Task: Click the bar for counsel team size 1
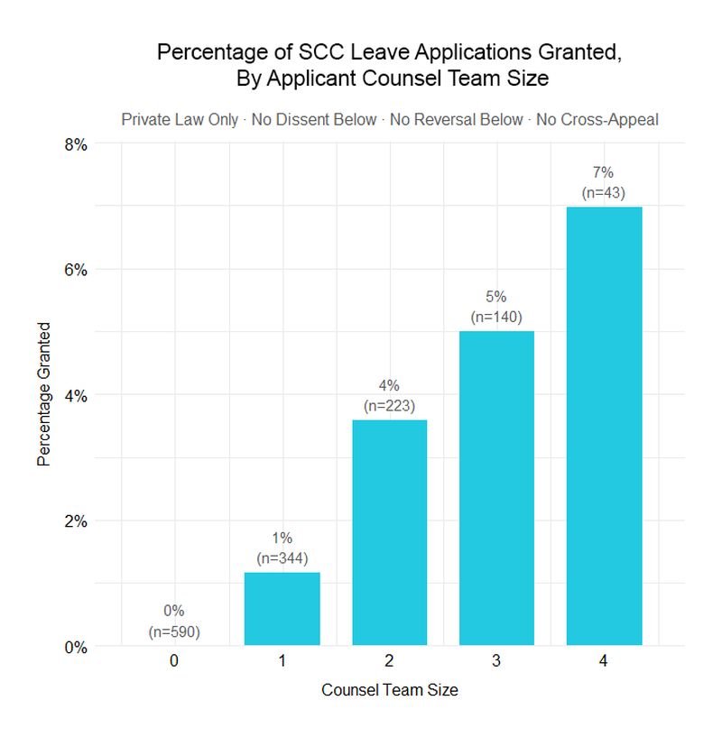pos(282,609)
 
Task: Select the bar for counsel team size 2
pos(389,532)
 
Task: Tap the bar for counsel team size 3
pos(496,488)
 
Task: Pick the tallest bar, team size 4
pos(604,426)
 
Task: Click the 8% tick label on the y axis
pos(74,143)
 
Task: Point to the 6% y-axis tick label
pos(74,270)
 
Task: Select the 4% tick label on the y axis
pos(74,395)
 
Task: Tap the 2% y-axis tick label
pos(74,521)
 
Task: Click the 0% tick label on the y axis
pos(74,647)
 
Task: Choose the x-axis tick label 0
pos(174,661)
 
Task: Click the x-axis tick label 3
pos(496,661)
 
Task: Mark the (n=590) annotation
pos(174,631)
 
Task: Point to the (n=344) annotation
pos(282,558)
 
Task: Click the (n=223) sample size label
pos(389,406)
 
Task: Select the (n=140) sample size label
pos(496,317)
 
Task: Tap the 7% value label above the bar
pos(604,174)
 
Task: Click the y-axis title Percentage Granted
pos(43,394)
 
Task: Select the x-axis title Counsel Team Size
pos(389,691)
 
